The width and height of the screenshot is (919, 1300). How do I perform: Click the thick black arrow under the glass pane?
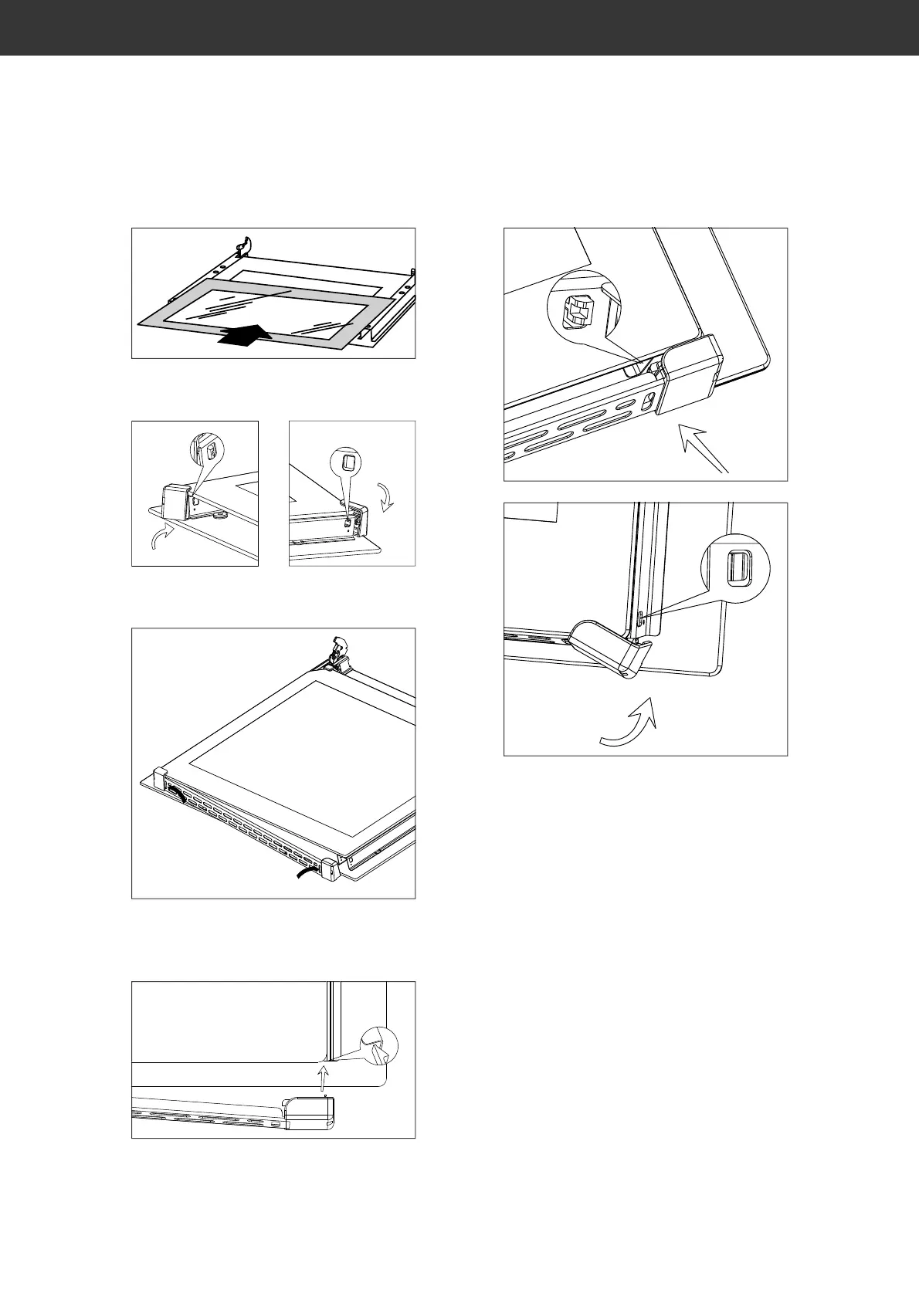246,335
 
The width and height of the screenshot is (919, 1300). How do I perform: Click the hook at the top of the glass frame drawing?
244,245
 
